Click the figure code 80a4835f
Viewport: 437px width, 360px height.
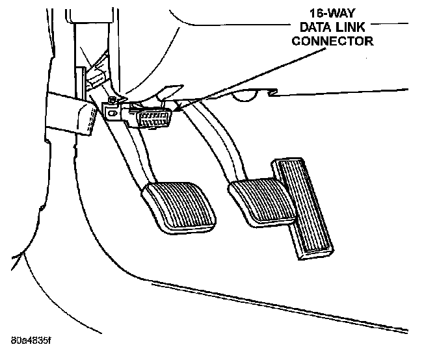tap(31, 339)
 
